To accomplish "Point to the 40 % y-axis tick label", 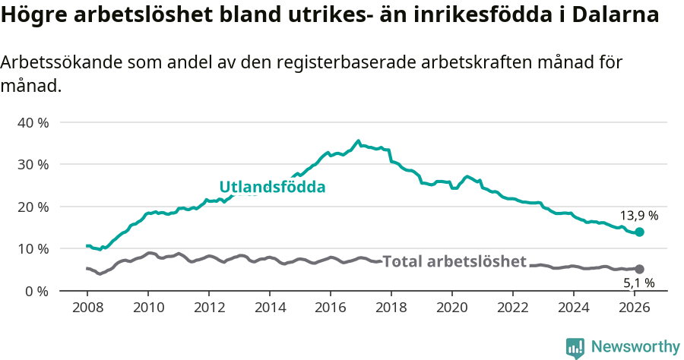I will pyautogui.click(x=33, y=122).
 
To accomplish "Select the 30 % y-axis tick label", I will pyautogui.click(x=33, y=164).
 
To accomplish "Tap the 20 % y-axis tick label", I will pyautogui.click(x=33, y=207).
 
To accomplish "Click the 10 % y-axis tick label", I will pyautogui.click(x=33, y=248).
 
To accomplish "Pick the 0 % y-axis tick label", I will pyautogui.click(x=36, y=291).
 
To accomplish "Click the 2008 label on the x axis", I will pyautogui.click(x=87, y=307).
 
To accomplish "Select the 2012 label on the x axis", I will pyautogui.click(x=209, y=307).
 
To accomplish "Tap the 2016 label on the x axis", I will pyautogui.click(x=331, y=307).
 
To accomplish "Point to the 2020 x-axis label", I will pyautogui.click(x=452, y=307).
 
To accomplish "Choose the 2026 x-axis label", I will pyautogui.click(x=635, y=307).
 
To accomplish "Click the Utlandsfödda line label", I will pyautogui.click(x=272, y=187).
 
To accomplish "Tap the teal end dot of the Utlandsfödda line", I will pyautogui.click(x=639, y=232).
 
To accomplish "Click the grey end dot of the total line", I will pyautogui.click(x=639, y=269).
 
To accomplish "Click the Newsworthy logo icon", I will pyautogui.click(x=575, y=347).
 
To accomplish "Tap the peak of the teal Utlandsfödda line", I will pyautogui.click(x=358, y=141).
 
